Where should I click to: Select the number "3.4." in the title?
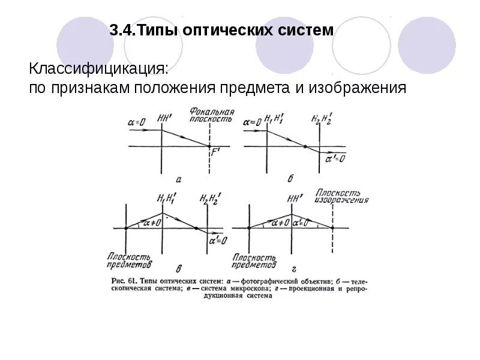pos(123,30)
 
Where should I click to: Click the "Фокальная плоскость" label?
pos(210,115)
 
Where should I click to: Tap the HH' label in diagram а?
pos(163,118)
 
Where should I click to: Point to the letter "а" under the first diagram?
pos(178,178)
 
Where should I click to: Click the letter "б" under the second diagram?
pos(290,178)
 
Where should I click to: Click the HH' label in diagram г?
pos(293,198)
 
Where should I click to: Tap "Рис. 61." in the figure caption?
pos(125,280)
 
